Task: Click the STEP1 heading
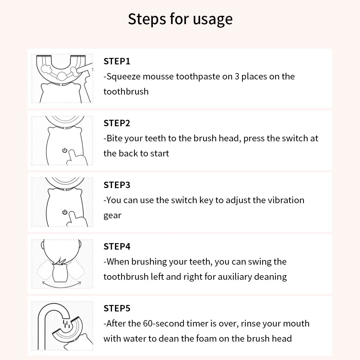[117, 61]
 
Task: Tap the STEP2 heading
[117, 123]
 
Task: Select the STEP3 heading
[117, 185]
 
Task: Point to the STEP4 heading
[117, 247]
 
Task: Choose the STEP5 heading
[117, 309]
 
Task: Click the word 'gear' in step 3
[113, 216]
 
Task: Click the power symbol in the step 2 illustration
[65, 150]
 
